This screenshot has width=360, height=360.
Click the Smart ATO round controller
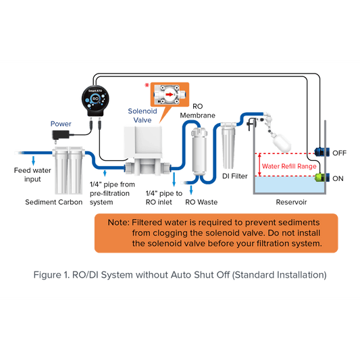[x=95, y=101]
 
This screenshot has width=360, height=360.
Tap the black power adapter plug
[x=61, y=135]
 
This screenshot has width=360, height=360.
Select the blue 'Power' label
[x=61, y=124]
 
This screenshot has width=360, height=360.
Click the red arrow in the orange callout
[x=170, y=95]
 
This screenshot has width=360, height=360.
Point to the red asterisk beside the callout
[x=147, y=86]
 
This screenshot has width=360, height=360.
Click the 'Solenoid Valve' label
[x=143, y=115]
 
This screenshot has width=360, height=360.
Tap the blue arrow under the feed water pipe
[x=34, y=161]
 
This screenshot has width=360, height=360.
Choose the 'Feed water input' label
[x=32, y=174]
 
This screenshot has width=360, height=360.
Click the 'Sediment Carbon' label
[x=54, y=202]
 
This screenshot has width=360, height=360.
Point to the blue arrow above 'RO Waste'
[x=191, y=190]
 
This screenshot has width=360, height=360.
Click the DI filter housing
[x=228, y=146]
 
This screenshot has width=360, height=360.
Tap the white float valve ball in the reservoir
[x=282, y=143]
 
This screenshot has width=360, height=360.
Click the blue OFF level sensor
[x=322, y=152]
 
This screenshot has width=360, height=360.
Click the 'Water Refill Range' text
[x=289, y=166]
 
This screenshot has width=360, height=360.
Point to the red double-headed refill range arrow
[x=259, y=165]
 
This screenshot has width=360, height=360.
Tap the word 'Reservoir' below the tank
[x=291, y=202]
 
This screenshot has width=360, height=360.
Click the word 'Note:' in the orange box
[x=119, y=222]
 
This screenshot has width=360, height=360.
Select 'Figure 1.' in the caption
[x=51, y=275]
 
